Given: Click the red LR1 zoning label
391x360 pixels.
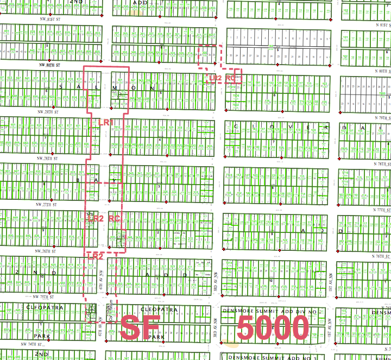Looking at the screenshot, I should pos(106,123).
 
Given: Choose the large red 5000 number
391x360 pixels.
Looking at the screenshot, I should pos(273,328).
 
